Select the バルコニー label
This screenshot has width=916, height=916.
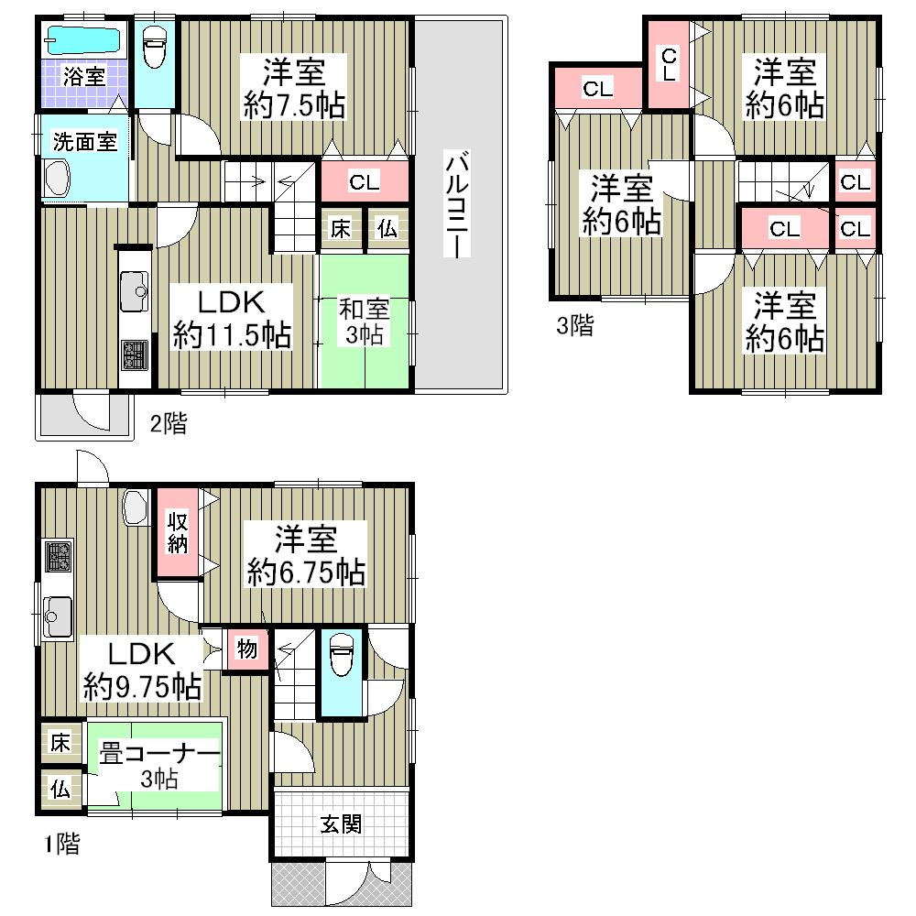click(455, 205)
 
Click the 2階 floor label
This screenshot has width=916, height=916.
click(169, 423)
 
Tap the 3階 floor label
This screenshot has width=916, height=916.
click(574, 326)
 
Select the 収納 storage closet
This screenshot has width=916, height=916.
click(177, 532)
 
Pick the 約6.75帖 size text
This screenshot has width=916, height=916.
click(306, 573)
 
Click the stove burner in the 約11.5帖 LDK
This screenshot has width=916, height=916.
click(134, 354)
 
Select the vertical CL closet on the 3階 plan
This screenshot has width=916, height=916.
click(669, 62)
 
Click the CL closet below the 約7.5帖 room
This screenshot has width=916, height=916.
click(364, 182)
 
